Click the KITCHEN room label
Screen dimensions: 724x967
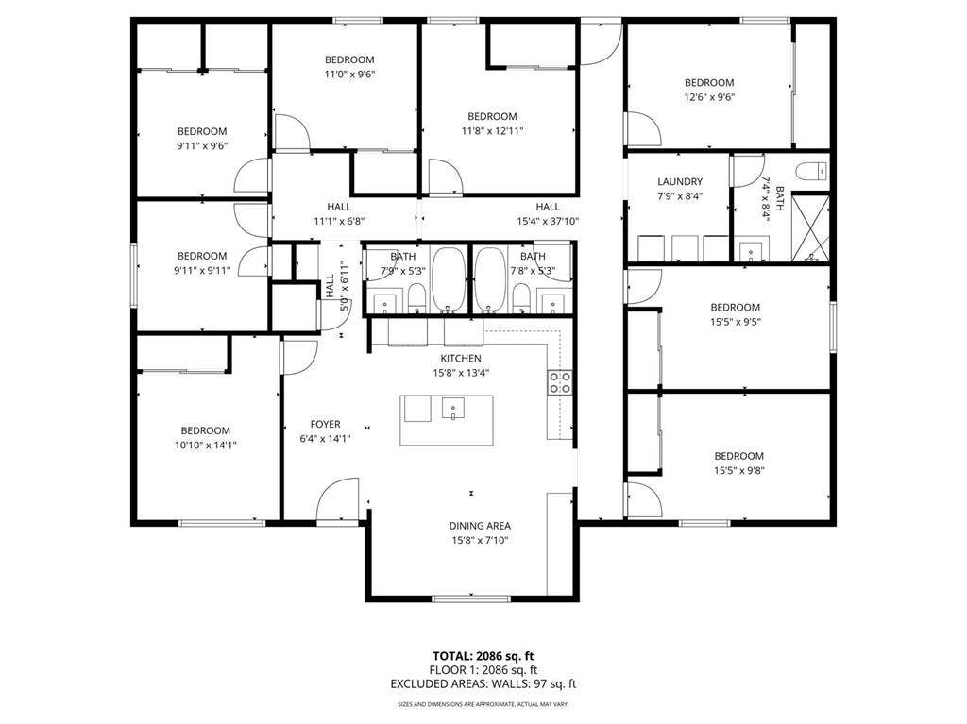click(x=461, y=359)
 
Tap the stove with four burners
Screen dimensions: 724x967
click(x=559, y=382)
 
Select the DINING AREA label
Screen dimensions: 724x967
click(x=480, y=526)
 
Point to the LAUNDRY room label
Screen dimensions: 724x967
click(x=680, y=182)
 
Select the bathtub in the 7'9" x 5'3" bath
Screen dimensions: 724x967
click(x=448, y=279)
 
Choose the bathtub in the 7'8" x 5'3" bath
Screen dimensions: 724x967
click(x=489, y=279)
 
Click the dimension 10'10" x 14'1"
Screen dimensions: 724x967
click(x=205, y=445)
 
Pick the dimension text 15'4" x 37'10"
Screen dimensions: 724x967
click(x=548, y=221)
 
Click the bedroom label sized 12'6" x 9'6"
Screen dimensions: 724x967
click(x=708, y=82)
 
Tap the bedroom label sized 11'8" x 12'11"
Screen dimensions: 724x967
click(x=492, y=117)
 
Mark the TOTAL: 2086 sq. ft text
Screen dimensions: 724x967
click(x=484, y=656)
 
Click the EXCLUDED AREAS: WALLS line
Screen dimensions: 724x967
click(x=484, y=683)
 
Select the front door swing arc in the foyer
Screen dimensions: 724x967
click(x=338, y=498)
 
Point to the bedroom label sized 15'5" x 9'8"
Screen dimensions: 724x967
click(x=738, y=456)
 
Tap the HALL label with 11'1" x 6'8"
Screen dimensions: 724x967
click(x=340, y=207)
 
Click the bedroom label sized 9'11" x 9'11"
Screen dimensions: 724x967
click(x=202, y=256)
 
